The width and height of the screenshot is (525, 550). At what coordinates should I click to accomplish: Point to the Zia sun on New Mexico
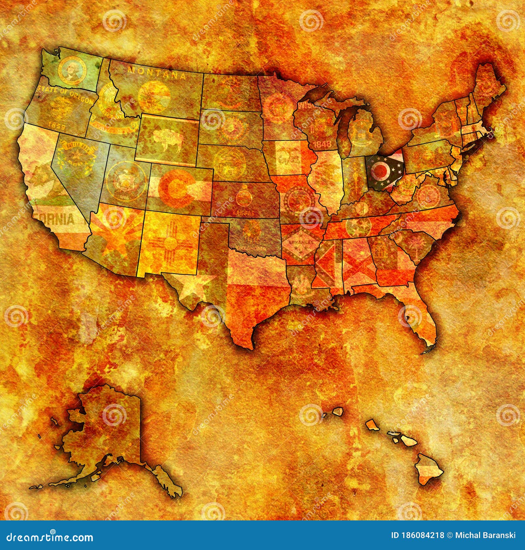point(170,243)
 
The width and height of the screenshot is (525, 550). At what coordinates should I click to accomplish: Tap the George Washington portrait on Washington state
point(71,71)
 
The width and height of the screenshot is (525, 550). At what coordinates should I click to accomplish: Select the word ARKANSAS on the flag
point(299,243)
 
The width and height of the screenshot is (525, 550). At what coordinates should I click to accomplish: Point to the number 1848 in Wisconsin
point(322,144)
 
